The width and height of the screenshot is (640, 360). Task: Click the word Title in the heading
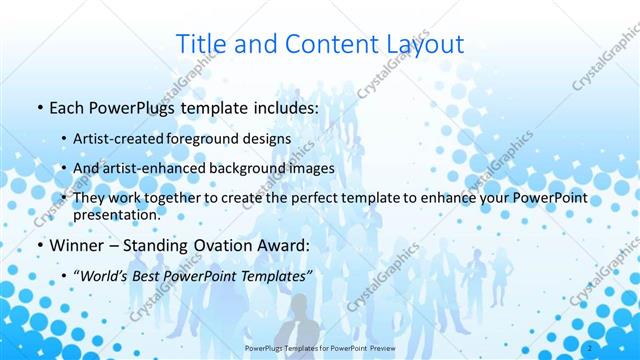point(199,44)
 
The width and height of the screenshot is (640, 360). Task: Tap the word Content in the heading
point(320,44)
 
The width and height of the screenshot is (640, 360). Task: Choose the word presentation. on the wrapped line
point(116,214)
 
